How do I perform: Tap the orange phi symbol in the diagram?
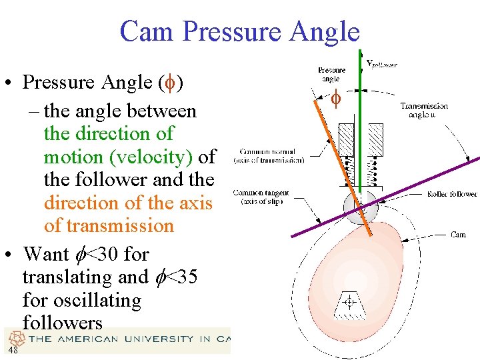pyautogui.click(x=337, y=100)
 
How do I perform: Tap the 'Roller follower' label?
pyautogui.click(x=452, y=194)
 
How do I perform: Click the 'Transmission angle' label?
pyautogui.click(x=424, y=110)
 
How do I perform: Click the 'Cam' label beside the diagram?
pyautogui.click(x=458, y=235)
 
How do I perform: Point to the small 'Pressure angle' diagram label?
pyautogui.click(x=331, y=74)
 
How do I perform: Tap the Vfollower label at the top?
pyautogui.click(x=382, y=64)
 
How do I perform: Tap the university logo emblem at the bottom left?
pyautogui.click(x=17, y=338)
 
